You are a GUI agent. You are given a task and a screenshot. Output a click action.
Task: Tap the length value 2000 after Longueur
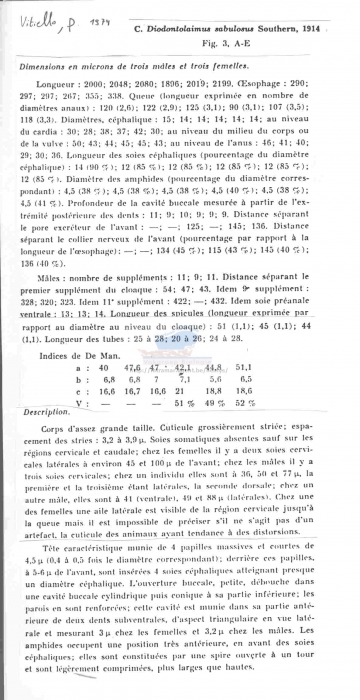click(118, 85)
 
